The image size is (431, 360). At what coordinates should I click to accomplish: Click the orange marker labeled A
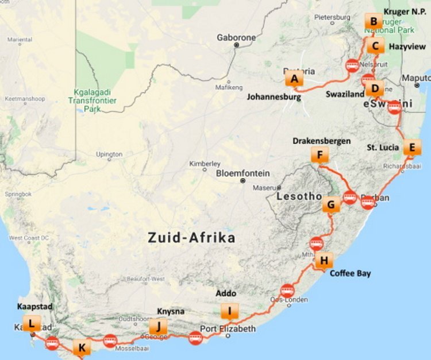point(294,79)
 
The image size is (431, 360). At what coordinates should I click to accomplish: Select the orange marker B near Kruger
point(374,22)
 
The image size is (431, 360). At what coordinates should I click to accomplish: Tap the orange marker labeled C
point(375,46)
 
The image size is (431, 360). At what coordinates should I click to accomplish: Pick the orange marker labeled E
point(410,147)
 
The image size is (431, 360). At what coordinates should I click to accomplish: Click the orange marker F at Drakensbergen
point(320,154)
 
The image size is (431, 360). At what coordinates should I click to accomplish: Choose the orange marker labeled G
point(330,204)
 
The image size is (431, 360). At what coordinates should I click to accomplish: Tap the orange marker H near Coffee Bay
point(324,261)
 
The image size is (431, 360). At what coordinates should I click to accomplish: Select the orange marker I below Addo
point(230,311)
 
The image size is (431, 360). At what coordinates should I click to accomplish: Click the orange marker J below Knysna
point(158,326)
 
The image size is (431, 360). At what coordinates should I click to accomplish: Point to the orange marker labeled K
point(82,347)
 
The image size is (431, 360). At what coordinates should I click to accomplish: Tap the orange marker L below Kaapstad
point(30,323)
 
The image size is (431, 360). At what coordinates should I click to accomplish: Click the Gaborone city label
point(236,38)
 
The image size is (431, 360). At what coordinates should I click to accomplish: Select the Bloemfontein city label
point(243,173)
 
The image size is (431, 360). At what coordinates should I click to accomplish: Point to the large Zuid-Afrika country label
point(191,237)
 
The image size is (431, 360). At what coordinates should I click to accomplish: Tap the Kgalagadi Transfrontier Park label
point(95,100)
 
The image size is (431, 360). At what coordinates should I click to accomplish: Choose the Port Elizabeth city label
point(227,329)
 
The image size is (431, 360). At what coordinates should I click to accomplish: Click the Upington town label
point(109,154)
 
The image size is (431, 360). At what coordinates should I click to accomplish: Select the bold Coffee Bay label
point(350,273)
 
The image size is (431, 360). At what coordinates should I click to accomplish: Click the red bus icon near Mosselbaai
point(110,340)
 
